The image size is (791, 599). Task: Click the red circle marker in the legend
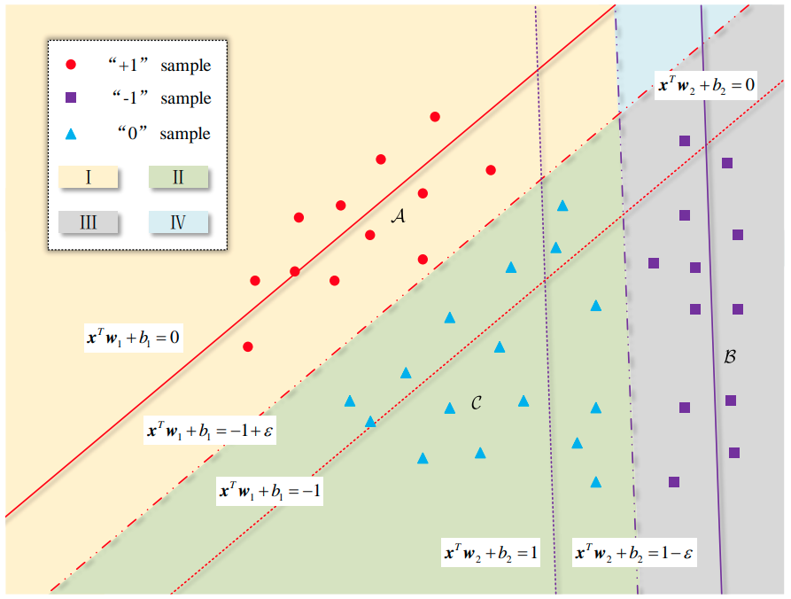point(72,65)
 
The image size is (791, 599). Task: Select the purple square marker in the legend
point(72,97)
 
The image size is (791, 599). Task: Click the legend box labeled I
point(89,177)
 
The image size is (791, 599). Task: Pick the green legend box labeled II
point(178,177)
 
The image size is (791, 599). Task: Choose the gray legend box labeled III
point(89,222)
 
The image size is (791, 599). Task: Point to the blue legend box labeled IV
point(178,222)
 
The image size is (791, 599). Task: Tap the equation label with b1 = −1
point(270,491)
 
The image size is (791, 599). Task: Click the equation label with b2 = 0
point(705,86)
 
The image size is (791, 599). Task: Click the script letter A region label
point(398,216)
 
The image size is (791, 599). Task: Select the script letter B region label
point(730,357)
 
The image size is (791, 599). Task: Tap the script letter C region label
point(476,403)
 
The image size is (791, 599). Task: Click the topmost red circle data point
point(435,117)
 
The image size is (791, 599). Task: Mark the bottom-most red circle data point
point(248,346)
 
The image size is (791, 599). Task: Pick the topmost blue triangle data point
point(562,206)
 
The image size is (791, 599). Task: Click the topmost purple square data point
point(684,141)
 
